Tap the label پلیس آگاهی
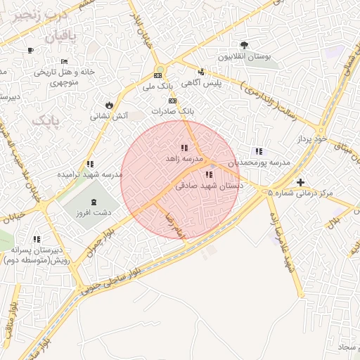tap(202, 83)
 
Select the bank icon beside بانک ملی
tap(158, 76)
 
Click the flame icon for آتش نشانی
tap(108, 105)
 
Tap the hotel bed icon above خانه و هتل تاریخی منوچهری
tap(65, 61)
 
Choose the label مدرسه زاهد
tap(184, 159)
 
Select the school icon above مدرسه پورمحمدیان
tap(259, 151)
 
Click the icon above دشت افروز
tap(94, 202)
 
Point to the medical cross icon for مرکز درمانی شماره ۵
tap(300, 182)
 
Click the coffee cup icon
tap(30, 50)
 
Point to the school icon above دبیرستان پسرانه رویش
tap(37, 239)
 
